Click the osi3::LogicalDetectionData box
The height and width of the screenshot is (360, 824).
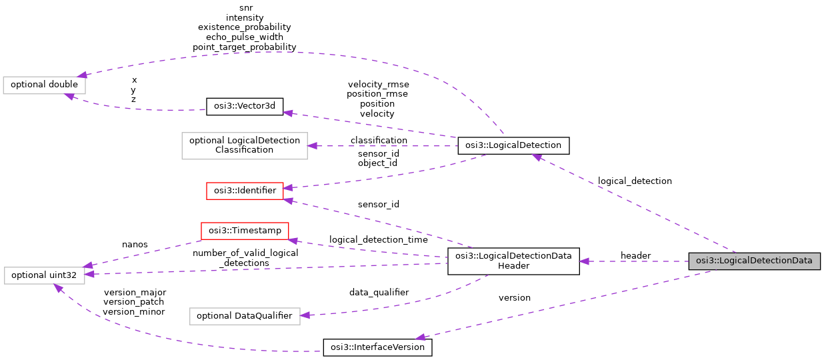coord(754,261)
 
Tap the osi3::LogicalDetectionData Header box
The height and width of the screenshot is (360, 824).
coord(513,261)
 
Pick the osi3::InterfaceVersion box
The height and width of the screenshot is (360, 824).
coord(377,347)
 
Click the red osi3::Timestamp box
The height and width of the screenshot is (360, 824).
coord(245,231)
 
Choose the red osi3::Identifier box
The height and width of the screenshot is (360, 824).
coord(245,190)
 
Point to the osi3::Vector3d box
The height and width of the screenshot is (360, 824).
coord(245,106)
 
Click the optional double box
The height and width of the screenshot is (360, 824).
coord(45,85)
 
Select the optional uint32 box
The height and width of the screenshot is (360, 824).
coord(44,275)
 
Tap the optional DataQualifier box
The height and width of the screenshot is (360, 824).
coord(245,315)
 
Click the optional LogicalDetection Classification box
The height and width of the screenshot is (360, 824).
coord(245,145)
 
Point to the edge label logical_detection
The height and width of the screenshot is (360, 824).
coord(635,181)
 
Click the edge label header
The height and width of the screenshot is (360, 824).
coord(635,256)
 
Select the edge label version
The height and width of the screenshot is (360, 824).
coord(515,298)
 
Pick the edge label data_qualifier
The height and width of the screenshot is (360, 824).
coord(379,292)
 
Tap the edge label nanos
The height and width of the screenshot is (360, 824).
coord(135,245)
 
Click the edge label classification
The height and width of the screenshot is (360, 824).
coord(379,140)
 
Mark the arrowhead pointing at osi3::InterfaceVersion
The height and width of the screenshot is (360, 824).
coord(421,337)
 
